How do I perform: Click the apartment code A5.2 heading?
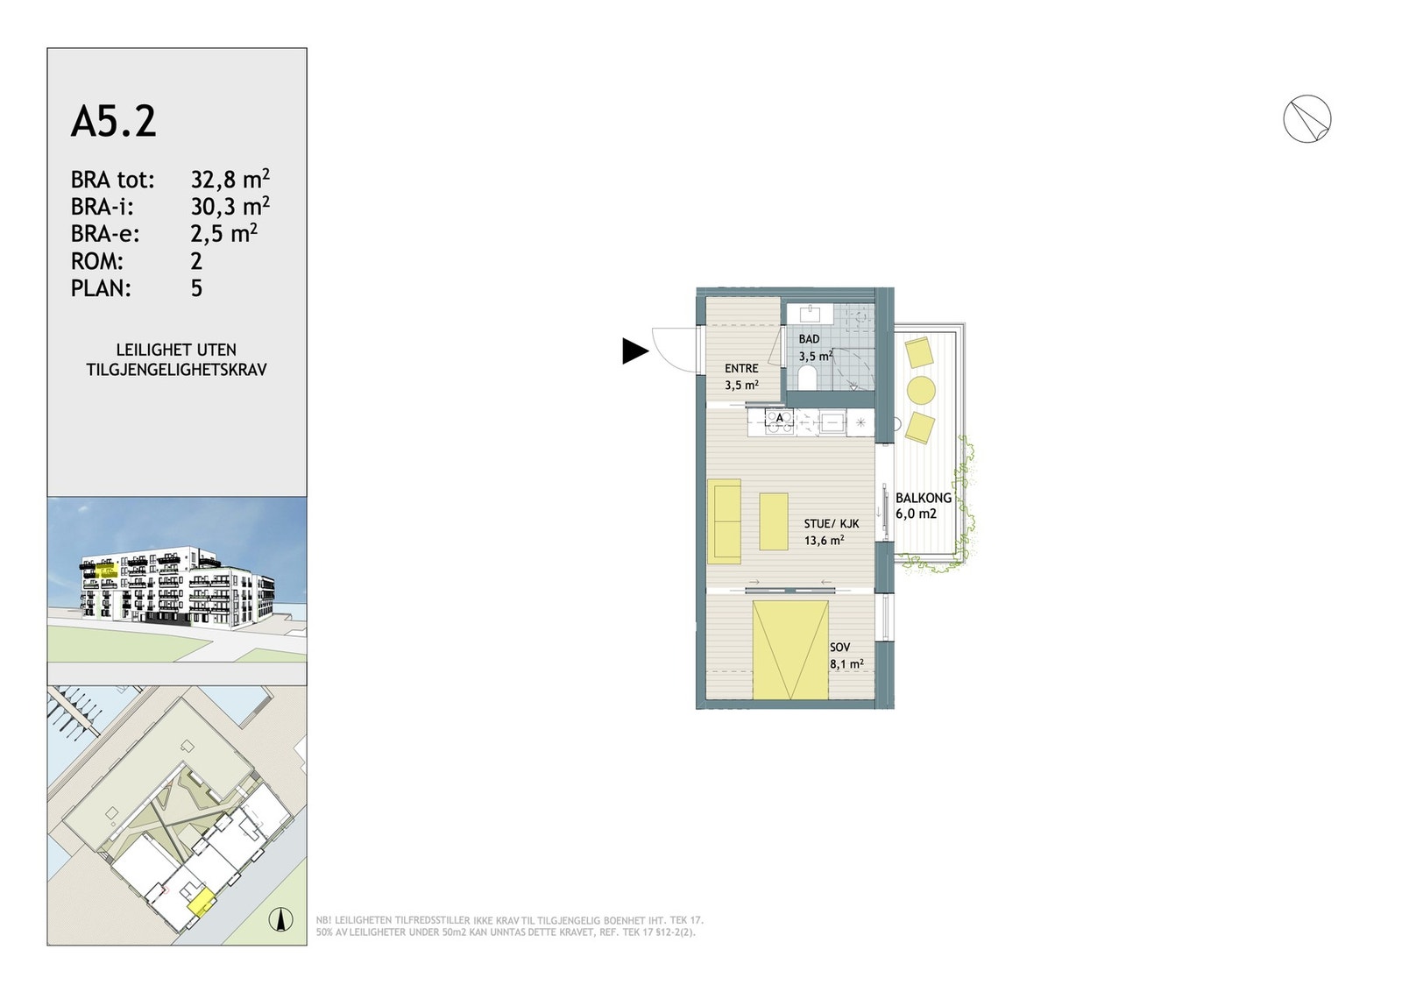(x=113, y=122)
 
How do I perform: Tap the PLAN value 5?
(x=196, y=288)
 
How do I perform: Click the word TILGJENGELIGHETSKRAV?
(x=176, y=369)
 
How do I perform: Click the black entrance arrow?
(x=634, y=351)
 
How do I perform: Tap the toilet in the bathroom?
(x=807, y=378)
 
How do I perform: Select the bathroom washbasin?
(x=811, y=312)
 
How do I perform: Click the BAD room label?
(x=809, y=339)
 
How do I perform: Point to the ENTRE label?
(x=741, y=369)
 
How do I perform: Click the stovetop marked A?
(x=780, y=422)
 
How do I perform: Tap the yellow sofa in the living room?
(x=724, y=521)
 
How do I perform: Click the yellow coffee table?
(x=775, y=521)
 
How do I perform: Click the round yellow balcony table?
(x=921, y=390)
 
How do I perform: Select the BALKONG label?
(x=924, y=498)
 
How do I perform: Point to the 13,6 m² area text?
(x=824, y=540)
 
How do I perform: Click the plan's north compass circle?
(x=1306, y=119)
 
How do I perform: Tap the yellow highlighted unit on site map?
(x=202, y=903)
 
